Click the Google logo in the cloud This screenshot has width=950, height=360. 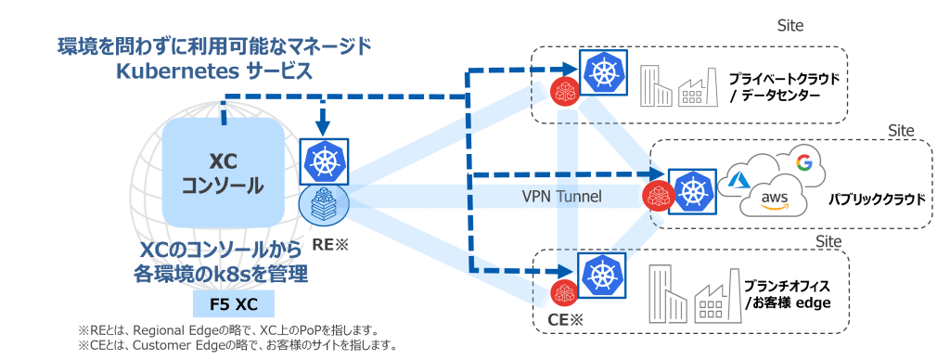pyautogui.click(x=802, y=163)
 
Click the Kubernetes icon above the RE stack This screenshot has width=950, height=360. pyautogui.click(x=324, y=161)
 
